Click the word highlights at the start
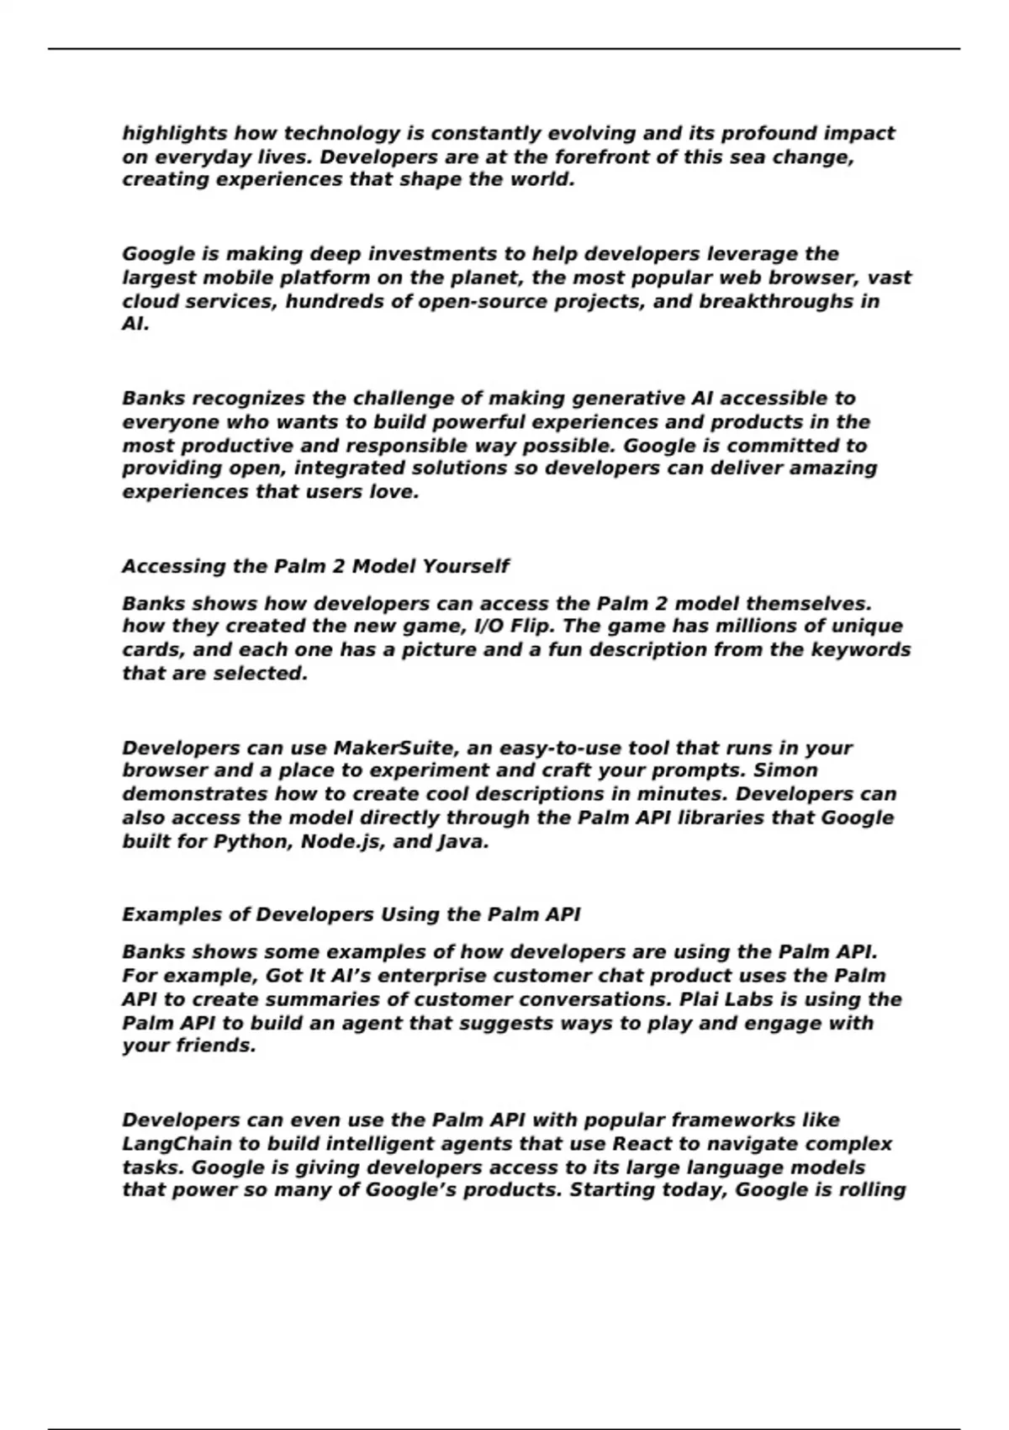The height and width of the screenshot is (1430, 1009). point(175,134)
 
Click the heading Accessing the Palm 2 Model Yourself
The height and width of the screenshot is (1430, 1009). point(315,566)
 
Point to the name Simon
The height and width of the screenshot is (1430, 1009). point(785,771)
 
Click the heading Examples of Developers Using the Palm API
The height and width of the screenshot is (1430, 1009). point(351,915)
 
